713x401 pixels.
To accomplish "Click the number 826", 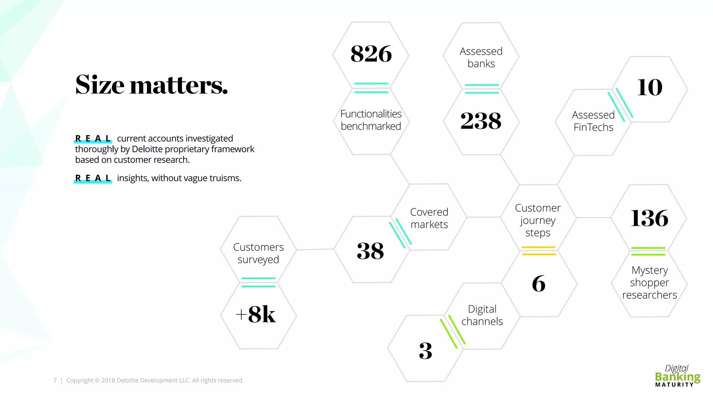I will click(371, 54).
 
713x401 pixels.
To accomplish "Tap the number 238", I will click(481, 121).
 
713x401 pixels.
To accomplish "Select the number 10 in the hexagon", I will click(650, 87).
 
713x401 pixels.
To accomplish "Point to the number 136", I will click(649, 218).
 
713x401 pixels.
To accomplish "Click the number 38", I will click(370, 251).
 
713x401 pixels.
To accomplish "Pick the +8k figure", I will click(256, 314).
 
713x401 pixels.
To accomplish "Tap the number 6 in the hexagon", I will click(539, 284).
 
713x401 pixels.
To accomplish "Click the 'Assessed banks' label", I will click(481, 57).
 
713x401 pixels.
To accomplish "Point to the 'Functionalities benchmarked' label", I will click(371, 120).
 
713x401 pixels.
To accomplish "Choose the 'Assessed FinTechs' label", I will click(593, 121).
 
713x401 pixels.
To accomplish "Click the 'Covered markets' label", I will click(429, 218).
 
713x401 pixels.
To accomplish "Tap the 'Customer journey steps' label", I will click(538, 220).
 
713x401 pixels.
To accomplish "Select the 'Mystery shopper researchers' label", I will click(650, 282).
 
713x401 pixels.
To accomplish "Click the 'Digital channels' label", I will click(482, 315).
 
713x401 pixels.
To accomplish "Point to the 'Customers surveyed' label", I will click(258, 253).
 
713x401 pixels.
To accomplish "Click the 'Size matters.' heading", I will click(151, 85).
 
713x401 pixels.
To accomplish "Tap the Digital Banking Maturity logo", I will click(677, 376).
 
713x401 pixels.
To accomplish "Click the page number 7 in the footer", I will click(55, 380).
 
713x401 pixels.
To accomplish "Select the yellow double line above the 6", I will click(539, 251).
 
